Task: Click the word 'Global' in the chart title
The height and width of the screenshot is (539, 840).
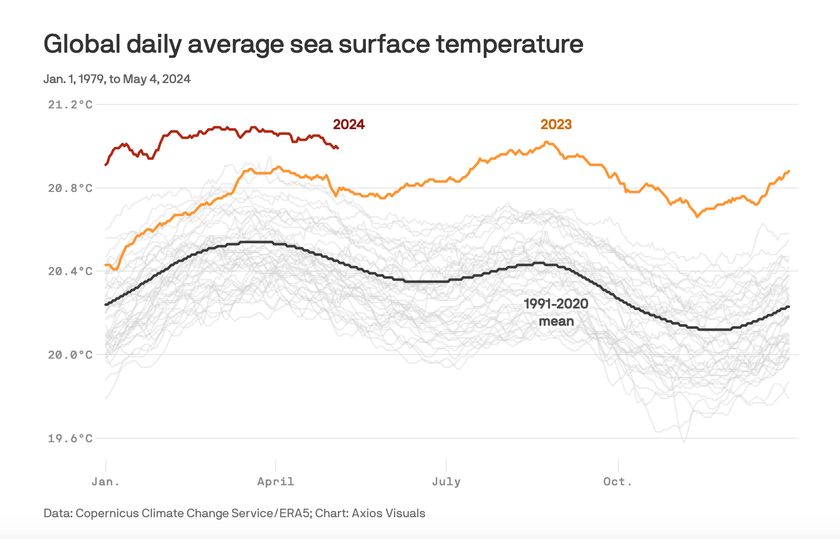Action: [x=81, y=44]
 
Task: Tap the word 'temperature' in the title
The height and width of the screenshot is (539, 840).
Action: [x=510, y=44]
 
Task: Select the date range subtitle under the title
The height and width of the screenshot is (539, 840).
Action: [x=117, y=79]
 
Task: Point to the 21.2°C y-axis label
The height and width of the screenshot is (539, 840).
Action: [x=70, y=105]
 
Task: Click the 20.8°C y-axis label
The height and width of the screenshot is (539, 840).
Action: [x=70, y=188]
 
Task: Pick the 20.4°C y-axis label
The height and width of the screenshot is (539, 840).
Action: [x=70, y=272]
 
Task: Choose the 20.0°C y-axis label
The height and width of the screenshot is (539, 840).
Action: [x=70, y=355]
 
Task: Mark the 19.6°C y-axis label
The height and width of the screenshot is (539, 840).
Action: [x=70, y=438]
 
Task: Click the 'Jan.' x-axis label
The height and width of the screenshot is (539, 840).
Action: [x=105, y=482]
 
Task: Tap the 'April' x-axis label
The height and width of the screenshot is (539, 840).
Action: [x=276, y=482]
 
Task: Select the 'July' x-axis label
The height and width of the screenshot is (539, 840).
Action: [x=446, y=482]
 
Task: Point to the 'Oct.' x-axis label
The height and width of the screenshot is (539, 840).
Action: [x=618, y=482]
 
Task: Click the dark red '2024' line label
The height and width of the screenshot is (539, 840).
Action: [x=349, y=125]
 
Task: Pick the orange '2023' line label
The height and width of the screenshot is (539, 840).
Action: [x=556, y=125]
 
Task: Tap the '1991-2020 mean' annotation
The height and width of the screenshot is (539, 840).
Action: [x=556, y=312]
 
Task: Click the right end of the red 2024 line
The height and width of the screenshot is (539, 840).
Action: [x=338, y=148]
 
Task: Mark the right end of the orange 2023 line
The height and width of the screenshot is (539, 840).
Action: [x=788, y=171]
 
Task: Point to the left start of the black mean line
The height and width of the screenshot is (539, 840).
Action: [x=106, y=304]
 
